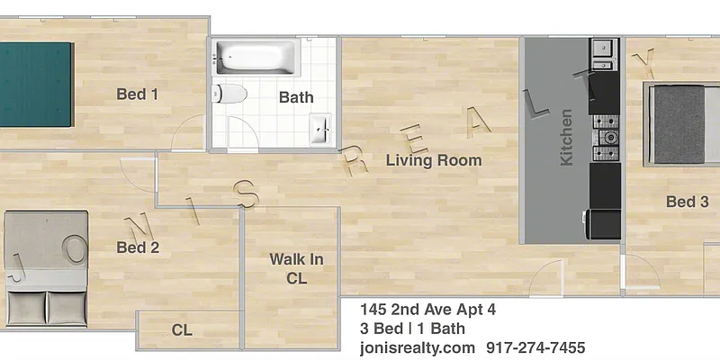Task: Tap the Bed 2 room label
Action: tap(138, 247)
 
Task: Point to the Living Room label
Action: tap(434, 161)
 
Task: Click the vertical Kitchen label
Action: tap(566, 137)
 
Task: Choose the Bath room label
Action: tap(296, 97)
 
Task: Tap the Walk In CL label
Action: tap(296, 269)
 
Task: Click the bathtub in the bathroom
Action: tap(256, 58)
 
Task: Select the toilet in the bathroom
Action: tap(230, 94)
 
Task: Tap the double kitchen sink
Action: tap(602, 54)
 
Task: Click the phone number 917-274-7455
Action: tap(535, 347)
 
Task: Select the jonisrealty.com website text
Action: tap(417, 347)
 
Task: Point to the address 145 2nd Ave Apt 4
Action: tap(427, 310)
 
